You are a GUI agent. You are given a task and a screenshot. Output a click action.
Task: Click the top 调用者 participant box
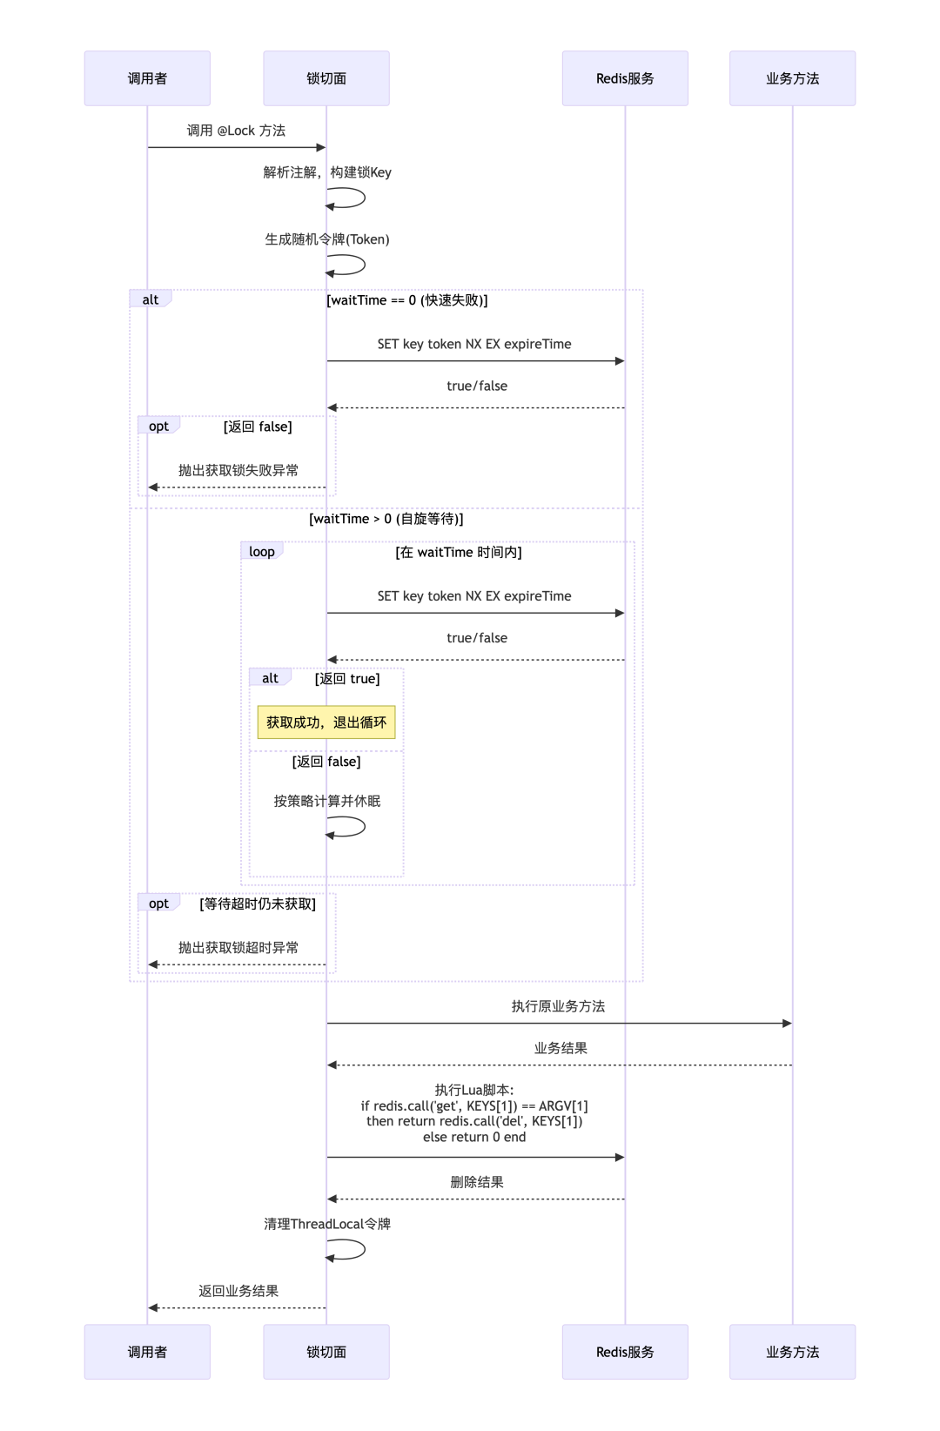click(147, 78)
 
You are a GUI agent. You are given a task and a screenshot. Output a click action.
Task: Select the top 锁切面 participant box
click(326, 78)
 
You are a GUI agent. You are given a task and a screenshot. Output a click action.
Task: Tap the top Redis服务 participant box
click(625, 78)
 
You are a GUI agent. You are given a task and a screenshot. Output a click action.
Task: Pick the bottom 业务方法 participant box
click(792, 1352)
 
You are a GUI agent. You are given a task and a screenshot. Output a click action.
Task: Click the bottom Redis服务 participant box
click(625, 1352)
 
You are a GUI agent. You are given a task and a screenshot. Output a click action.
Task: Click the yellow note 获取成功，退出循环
click(326, 722)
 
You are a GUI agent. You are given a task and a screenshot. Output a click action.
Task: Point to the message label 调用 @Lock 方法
click(236, 131)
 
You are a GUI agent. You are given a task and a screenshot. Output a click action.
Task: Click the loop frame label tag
click(261, 552)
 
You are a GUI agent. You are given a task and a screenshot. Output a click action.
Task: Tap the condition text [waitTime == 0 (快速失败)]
click(406, 300)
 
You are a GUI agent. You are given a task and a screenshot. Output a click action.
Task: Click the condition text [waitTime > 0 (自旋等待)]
click(386, 519)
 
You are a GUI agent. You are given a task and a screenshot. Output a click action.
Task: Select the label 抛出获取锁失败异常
click(238, 470)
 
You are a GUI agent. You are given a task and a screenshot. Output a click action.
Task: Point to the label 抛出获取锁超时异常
click(238, 947)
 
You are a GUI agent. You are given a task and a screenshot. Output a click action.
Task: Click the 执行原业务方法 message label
click(558, 1006)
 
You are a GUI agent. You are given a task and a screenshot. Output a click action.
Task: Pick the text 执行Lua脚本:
click(474, 1090)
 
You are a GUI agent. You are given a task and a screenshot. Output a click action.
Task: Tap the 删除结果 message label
click(476, 1182)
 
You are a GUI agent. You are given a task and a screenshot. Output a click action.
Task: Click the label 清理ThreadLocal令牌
click(327, 1224)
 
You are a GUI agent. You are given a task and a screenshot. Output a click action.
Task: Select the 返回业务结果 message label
click(238, 1291)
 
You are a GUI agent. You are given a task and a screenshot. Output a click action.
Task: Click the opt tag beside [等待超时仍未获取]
click(158, 904)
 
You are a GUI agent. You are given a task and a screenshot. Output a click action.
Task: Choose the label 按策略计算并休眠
click(327, 801)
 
